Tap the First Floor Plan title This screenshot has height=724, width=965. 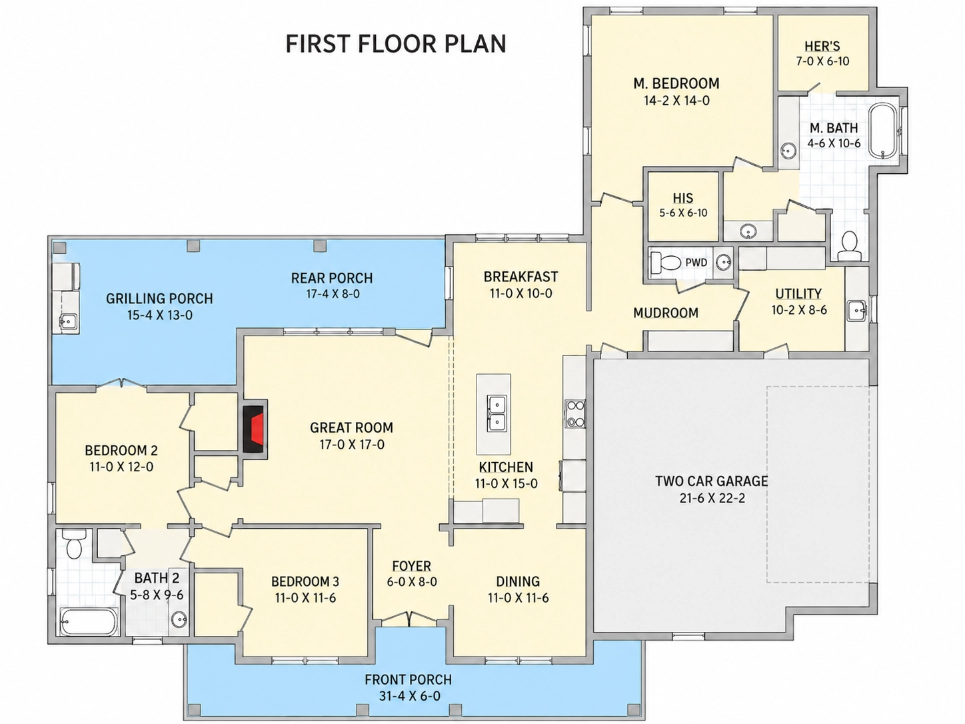pyautogui.click(x=396, y=44)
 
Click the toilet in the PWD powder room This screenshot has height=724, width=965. pyautogui.click(x=665, y=263)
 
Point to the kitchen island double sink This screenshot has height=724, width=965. pyautogui.click(x=496, y=413)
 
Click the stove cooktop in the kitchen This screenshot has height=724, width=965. pyautogui.click(x=575, y=413)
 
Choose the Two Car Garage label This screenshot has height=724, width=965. pyautogui.click(x=711, y=481)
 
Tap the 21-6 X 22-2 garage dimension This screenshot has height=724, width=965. pyautogui.click(x=712, y=499)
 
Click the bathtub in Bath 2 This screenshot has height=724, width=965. pyautogui.click(x=89, y=621)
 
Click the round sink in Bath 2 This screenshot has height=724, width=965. pyautogui.click(x=179, y=619)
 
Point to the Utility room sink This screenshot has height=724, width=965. pyautogui.click(x=856, y=311)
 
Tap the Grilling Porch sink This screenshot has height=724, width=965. pyautogui.click(x=68, y=321)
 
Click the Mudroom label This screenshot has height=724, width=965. pyautogui.click(x=666, y=313)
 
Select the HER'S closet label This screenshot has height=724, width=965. pyautogui.click(x=822, y=46)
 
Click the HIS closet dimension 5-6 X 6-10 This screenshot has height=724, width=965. pyautogui.click(x=683, y=213)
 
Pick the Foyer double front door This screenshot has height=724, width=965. pyautogui.click(x=409, y=618)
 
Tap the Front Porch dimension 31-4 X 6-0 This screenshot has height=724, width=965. pyautogui.click(x=409, y=696)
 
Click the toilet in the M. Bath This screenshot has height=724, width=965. pyautogui.click(x=849, y=246)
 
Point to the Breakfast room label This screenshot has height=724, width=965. pyautogui.click(x=520, y=277)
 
